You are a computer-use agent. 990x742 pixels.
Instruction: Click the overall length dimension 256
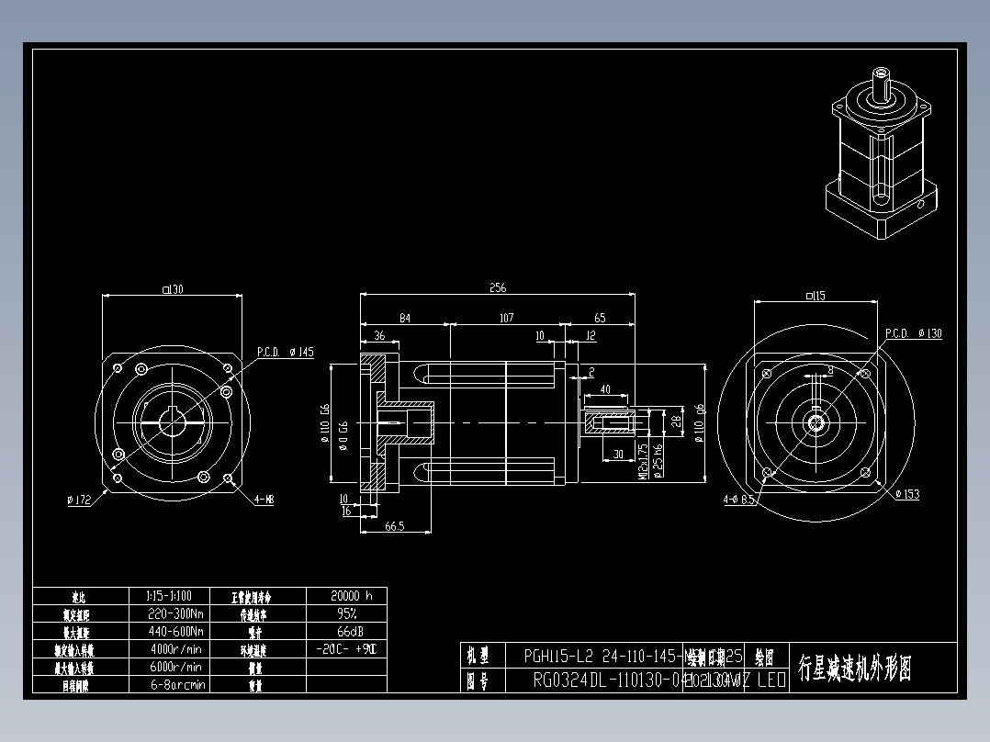point(497,287)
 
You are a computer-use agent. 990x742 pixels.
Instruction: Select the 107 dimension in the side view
point(505,318)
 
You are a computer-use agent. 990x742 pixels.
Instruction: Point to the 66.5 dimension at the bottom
point(396,525)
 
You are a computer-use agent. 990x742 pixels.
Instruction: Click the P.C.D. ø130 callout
point(913,333)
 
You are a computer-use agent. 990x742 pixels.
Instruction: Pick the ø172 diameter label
point(79,500)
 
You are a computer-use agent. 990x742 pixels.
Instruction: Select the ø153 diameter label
point(906,494)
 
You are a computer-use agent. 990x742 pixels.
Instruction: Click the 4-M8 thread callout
point(264,500)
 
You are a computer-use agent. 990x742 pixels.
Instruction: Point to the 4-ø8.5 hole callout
point(739,500)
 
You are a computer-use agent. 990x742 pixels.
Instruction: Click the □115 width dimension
point(814,295)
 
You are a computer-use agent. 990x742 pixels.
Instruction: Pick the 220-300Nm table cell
point(175,613)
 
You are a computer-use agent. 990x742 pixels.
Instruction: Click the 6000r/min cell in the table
point(175,667)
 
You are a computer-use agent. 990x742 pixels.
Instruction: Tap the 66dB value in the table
point(346,631)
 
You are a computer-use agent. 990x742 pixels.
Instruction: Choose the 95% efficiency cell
point(346,613)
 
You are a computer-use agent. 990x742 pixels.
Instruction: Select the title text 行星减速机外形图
point(855,668)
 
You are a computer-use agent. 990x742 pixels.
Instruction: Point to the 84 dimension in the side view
point(404,318)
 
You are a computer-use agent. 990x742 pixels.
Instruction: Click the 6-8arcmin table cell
point(175,684)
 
